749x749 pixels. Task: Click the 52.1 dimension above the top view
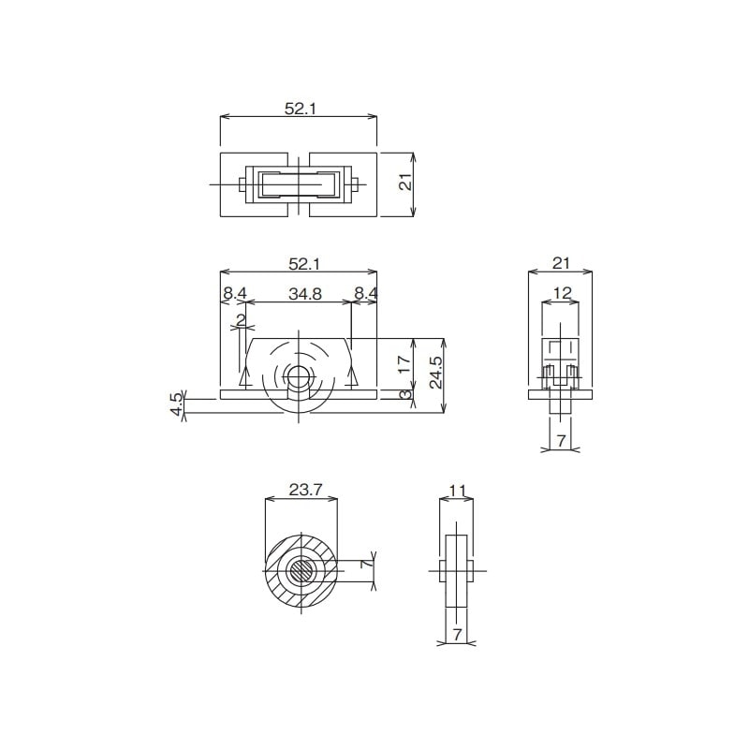(301, 109)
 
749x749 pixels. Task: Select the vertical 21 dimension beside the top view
(405, 184)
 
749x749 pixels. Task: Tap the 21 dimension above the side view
(561, 263)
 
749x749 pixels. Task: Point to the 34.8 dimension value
(305, 294)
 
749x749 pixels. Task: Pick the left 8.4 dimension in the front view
(234, 294)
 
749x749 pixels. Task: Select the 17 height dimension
(404, 364)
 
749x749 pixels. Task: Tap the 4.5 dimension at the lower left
(176, 404)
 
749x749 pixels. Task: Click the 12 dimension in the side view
(562, 294)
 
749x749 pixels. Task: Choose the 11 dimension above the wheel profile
(458, 489)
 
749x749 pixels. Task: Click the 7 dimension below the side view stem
(562, 440)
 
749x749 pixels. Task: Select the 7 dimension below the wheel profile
(458, 635)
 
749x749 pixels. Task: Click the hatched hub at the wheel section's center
(301, 568)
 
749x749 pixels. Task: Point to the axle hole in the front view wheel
(300, 378)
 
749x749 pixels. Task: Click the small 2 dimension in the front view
(242, 320)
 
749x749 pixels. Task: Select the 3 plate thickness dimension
(404, 395)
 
